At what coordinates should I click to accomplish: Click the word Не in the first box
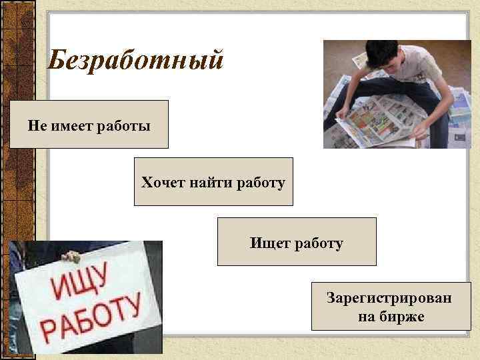36,125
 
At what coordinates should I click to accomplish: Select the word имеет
71,125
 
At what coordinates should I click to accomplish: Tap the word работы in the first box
124,125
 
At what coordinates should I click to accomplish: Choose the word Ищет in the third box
266,243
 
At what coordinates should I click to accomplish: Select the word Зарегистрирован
389,297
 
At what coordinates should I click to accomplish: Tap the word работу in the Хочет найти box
261,182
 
